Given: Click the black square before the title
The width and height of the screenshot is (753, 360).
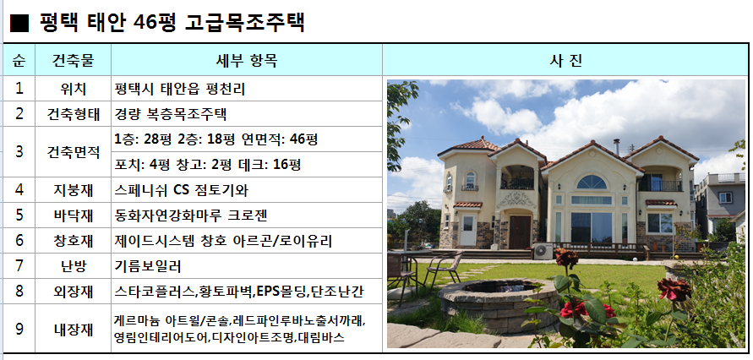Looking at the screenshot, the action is pos(19,23).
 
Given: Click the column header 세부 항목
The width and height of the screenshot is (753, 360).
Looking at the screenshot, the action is pos(247,61).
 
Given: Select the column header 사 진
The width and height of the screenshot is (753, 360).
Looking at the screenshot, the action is pos(565,61).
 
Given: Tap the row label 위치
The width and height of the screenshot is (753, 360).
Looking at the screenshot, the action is pos(73,89).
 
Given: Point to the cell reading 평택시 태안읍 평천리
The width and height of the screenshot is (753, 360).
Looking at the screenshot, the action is pos(180,89).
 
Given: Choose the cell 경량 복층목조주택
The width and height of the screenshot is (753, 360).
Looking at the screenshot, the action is pos(171,114).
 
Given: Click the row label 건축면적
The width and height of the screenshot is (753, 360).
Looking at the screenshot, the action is pos(73,152).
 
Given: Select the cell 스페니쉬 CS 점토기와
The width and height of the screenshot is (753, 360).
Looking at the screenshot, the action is pos(182,190).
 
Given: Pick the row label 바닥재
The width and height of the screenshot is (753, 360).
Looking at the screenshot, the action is pos(73,215).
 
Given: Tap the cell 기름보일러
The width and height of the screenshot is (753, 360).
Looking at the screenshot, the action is pos(148,266).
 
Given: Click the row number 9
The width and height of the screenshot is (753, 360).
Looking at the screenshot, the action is pos(19,330).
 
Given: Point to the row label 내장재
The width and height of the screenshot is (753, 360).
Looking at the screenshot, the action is pos(73,330).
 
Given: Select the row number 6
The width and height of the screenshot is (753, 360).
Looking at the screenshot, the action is pos(19,241).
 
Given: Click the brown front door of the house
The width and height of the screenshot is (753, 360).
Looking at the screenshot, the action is pos(520,232).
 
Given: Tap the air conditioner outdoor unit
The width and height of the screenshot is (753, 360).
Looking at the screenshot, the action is pos(543,251).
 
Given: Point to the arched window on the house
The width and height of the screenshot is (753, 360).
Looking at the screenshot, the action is pos(592,182).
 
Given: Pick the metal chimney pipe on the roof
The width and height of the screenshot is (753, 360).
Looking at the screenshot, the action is pos(616,147).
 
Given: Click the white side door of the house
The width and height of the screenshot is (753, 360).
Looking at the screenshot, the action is pos(467,231).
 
